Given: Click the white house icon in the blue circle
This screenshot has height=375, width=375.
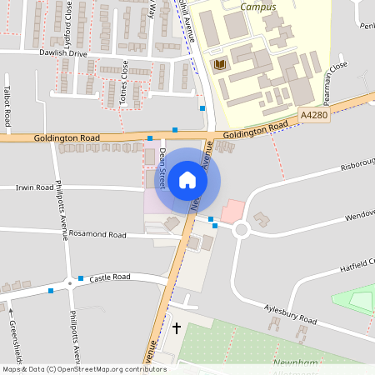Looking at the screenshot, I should tap(187, 180).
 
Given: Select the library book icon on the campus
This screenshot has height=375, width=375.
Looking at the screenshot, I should tap(220, 64).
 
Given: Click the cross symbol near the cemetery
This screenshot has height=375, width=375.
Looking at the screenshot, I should tap(176, 328).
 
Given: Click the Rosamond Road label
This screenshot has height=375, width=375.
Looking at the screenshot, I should tap(97, 235).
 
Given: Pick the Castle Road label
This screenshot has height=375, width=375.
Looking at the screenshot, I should tap(111, 277).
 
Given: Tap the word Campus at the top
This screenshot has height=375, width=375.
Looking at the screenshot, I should tap(257, 7).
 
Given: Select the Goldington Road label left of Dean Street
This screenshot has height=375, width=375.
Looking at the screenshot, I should tap(67, 137).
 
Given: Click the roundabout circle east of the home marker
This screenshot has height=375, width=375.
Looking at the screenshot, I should tap(242, 228).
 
